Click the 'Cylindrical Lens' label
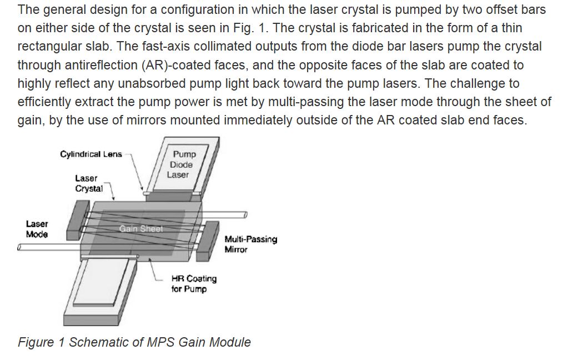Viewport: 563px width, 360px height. [91, 154]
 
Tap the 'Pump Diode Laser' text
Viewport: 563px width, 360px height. [181, 164]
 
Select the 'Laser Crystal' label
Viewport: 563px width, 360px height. [88, 183]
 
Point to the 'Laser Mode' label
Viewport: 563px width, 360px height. [37, 229]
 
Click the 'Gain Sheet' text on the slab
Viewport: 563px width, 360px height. [140, 228]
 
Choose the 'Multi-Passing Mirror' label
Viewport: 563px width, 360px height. [250, 244]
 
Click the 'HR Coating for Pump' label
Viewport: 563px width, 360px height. [194, 283]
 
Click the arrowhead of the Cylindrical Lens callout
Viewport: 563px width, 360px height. [142, 189]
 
